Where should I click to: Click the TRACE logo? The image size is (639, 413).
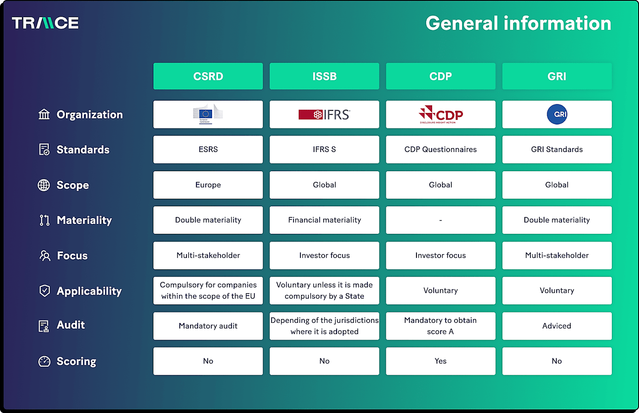tap(45, 23)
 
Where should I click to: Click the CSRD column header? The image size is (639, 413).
tap(208, 76)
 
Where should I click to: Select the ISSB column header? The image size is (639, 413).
tap(324, 76)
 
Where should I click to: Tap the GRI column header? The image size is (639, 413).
tap(557, 76)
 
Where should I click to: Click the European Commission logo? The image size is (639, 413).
tap(208, 114)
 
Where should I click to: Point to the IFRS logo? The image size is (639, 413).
tap(324, 115)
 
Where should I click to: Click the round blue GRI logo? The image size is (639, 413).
tap(557, 115)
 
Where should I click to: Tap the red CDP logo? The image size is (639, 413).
tap(441, 115)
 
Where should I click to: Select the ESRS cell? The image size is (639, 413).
tap(208, 150)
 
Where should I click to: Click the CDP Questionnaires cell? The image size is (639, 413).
tap(441, 150)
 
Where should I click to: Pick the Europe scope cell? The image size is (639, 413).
tap(208, 185)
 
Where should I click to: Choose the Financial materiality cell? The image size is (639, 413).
tap(324, 220)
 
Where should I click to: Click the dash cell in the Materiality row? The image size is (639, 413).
tap(441, 220)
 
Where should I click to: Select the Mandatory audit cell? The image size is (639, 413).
tap(208, 326)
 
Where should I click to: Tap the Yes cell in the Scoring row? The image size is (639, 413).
tap(441, 361)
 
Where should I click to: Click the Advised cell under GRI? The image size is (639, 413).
tap(557, 326)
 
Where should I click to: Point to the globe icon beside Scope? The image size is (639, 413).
tap(44, 185)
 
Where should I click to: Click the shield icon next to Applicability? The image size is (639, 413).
tap(45, 290)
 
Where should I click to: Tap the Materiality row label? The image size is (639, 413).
tap(84, 220)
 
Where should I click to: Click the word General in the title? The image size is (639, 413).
tap(461, 24)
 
